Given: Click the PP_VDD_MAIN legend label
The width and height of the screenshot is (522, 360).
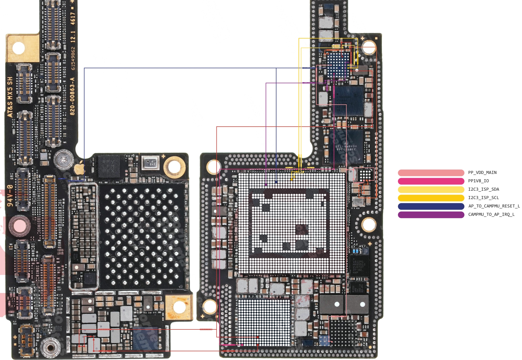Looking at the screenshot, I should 482,173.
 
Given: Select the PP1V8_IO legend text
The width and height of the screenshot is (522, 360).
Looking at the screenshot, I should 478,181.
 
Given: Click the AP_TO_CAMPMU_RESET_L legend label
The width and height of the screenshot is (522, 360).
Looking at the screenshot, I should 494,206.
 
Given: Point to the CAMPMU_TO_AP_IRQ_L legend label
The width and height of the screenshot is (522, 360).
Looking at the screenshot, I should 491,215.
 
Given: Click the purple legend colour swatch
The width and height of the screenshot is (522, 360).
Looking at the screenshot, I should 431,215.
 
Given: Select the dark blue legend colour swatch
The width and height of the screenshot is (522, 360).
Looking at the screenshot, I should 431,206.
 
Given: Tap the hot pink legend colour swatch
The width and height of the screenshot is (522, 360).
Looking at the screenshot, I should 431,181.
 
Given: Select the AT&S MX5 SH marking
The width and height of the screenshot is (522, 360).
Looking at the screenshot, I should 10,97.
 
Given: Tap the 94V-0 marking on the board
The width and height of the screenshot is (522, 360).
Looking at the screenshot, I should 10,195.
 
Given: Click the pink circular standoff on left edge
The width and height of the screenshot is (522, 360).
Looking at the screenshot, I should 19,226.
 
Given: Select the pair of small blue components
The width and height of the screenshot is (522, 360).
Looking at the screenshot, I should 355,251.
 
